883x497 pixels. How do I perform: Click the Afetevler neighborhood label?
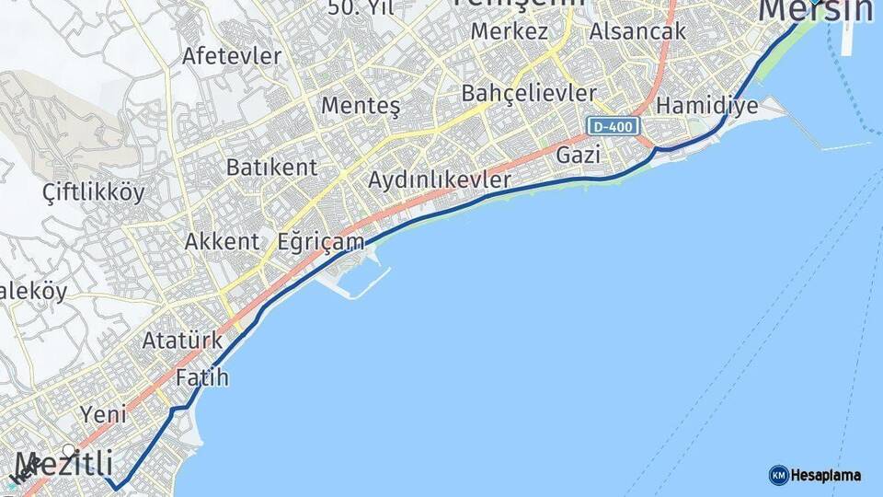tap(232, 55)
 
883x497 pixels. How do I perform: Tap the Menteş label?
tap(361, 106)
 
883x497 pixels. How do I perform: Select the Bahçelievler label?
tap(529, 93)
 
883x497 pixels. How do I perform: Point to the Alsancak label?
tap(638, 31)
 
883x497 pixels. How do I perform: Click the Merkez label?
tap(510, 31)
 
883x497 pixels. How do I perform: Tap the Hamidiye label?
tap(707, 105)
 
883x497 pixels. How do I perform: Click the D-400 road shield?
tap(613, 126)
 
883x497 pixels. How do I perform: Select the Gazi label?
tap(579, 156)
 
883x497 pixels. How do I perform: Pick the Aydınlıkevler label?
tap(439, 180)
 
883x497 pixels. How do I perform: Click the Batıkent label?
tap(271, 168)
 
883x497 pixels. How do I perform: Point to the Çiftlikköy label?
tap(94, 192)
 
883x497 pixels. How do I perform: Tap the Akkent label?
tap(222, 242)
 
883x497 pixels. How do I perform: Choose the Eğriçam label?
tap(321, 242)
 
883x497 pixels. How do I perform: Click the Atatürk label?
tap(182, 341)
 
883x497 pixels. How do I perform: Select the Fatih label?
tap(201, 377)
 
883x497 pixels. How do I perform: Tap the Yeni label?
tap(103, 413)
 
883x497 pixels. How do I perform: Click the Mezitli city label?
tap(63, 462)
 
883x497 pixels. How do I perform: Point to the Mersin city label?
tap(815, 11)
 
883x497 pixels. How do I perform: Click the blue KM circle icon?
tap(778, 475)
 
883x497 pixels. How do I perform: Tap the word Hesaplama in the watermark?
tap(826, 476)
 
